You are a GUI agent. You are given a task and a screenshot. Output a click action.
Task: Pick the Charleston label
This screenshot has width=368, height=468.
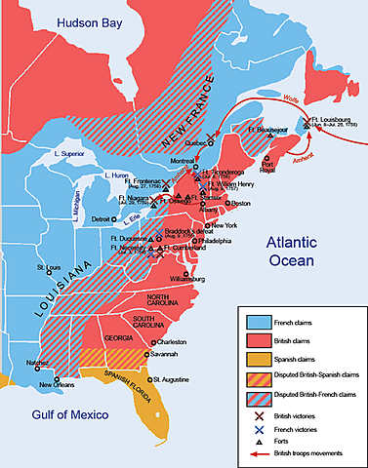tap(169, 342)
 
